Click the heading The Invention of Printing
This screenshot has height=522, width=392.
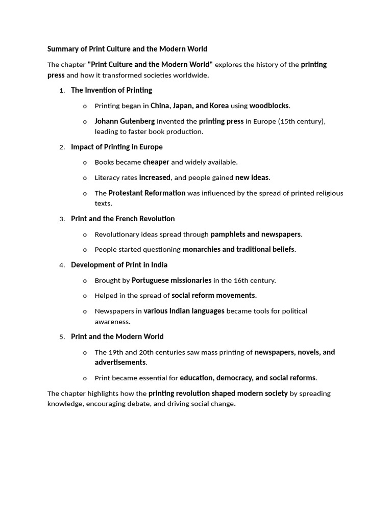(111, 90)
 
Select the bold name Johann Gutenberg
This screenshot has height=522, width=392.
(125, 121)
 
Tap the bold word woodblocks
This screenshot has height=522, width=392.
(269, 106)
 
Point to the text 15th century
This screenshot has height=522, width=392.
(301, 121)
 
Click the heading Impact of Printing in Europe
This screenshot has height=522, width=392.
(116, 147)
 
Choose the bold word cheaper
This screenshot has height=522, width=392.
(156, 162)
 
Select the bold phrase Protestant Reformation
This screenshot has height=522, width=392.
(147, 193)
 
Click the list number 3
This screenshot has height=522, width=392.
(61, 219)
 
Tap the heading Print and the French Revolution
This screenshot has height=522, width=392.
(122, 219)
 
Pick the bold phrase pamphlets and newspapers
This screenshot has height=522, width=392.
(255, 234)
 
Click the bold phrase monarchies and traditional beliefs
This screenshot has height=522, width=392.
(238, 249)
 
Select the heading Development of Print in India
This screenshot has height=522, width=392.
(119, 265)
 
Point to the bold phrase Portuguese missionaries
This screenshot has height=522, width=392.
(171, 280)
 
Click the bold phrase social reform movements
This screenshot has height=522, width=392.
(213, 295)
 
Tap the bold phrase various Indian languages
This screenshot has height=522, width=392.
(184, 310)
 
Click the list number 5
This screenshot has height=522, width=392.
(61, 337)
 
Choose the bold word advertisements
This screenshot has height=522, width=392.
(120, 362)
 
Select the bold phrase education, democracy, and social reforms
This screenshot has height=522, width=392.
(248, 378)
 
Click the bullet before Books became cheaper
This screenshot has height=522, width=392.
(85, 163)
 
